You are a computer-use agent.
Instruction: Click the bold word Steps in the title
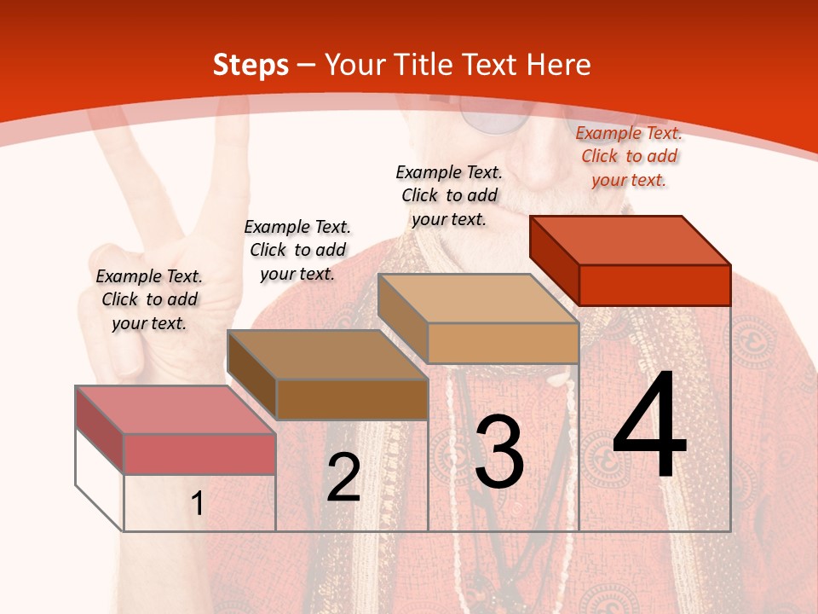(x=251, y=65)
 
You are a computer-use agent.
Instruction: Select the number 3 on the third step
(x=499, y=452)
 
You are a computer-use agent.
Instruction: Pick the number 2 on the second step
(x=343, y=478)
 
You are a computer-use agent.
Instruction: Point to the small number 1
(x=197, y=504)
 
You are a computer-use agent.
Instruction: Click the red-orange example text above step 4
(x=629, y=157)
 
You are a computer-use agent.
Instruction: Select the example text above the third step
(x=449, y=195)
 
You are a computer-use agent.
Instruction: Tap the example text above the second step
(x=297, y=250)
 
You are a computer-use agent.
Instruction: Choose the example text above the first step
(x=149, y=299)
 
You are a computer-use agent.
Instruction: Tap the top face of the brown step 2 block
(x=327, y=355)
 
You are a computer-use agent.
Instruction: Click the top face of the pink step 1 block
(x=176, y=409)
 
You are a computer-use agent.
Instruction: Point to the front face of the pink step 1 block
(x=199, y=454)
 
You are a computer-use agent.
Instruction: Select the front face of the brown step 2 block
(x=352, y=399)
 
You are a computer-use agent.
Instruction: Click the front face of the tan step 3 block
(x=503, y=343)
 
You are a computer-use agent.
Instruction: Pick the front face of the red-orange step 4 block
(x=654, y=285)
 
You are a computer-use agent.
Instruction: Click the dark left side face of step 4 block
(x=554, y=259)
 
